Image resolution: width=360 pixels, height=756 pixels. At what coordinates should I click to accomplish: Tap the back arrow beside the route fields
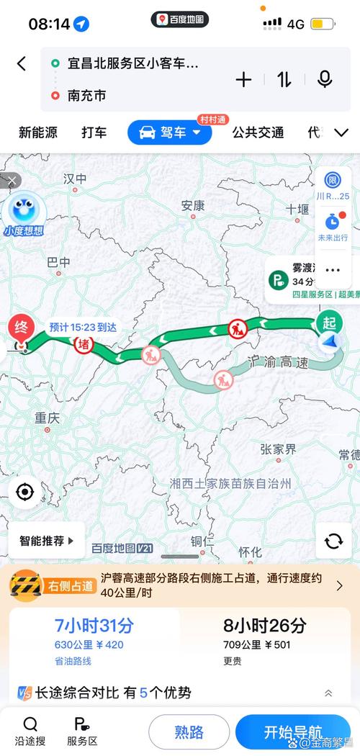click(22, 63)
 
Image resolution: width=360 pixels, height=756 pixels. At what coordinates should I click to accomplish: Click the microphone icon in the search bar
click(325, 79)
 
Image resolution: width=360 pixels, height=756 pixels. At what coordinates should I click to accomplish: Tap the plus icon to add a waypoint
click(244, 79)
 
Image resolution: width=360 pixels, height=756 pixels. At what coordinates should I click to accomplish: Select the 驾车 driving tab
click(170, 132)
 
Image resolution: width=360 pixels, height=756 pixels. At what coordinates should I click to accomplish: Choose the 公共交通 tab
click(258, 132)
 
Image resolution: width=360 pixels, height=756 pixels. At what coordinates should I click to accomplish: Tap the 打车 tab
click(94, 132)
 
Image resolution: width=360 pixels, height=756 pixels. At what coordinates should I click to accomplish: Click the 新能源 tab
click(38, 132)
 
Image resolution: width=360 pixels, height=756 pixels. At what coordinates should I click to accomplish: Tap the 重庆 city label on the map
click(46, 418)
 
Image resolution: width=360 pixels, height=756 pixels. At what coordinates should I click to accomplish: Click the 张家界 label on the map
click(278, 449)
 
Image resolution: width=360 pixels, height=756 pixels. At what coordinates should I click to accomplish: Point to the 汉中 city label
click(75, 178)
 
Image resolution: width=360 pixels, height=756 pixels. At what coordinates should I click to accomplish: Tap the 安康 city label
click(193, 204)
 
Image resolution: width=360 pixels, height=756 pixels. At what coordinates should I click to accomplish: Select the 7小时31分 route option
click(94, 634)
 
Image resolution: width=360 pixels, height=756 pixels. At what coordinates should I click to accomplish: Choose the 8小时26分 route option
click(264, 634)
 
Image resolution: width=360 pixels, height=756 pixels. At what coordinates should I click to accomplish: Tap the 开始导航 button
click(292, 732)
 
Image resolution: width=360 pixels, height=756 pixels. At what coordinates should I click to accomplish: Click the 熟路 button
click(189, 732)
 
